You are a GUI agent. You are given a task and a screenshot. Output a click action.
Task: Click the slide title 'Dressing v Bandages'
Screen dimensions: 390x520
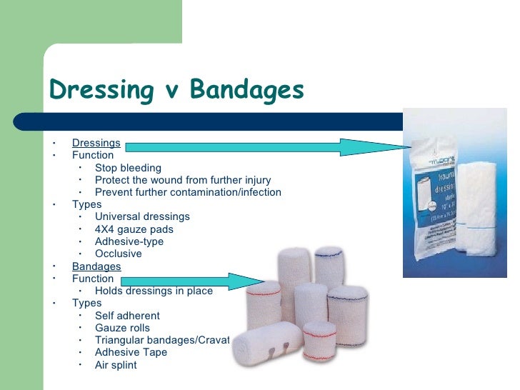(176, 91)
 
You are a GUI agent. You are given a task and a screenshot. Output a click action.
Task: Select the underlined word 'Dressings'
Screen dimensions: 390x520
(96, 143)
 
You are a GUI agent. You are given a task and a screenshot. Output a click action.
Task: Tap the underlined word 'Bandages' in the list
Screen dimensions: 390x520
(96, 266)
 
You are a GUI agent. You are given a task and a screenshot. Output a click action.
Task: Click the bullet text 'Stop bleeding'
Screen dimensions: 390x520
(128, 168)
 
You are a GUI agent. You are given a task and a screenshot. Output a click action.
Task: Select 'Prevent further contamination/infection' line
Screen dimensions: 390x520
(188, 192)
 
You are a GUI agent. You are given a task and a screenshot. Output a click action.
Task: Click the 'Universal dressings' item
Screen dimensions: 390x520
(142, 216)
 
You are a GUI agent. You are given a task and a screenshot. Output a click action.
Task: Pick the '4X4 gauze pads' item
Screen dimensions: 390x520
(134, 229)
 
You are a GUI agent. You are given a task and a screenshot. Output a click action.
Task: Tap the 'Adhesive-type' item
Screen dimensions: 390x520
(129, 241)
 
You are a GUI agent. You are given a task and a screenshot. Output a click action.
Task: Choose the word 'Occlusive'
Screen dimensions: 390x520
(118, 254)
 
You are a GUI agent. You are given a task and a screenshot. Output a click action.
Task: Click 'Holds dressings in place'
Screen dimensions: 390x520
(154, 291)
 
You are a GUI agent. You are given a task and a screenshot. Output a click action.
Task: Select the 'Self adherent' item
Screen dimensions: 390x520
(127, 316)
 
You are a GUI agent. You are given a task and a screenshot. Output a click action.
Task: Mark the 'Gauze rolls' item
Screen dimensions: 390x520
(122, 328)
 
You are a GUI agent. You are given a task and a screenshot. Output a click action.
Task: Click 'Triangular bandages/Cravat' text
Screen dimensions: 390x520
(162, 340)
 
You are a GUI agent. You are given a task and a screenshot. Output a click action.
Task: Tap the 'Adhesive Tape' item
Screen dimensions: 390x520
(131, 352)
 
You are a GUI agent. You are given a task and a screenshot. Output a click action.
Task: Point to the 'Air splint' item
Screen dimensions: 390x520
(115, 365)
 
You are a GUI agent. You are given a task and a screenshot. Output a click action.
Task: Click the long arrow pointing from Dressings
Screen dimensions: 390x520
(264, 147)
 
